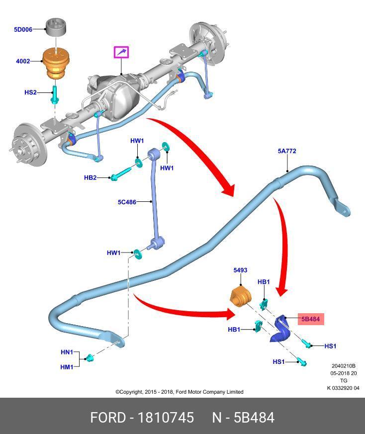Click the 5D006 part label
point(23,30)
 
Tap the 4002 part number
point(23,62)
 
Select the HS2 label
point(30,92)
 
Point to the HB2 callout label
point(90,177)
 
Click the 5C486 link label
point(127,202)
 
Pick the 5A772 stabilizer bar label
point(287,151)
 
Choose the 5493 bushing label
point(240,270)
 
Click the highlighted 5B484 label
point(311,319)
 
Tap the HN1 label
point(67,352)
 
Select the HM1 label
point(67,367)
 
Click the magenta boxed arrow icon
point(121,52)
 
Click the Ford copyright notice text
point(180,392)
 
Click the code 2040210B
point(343,366)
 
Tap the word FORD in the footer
point(108,418)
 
